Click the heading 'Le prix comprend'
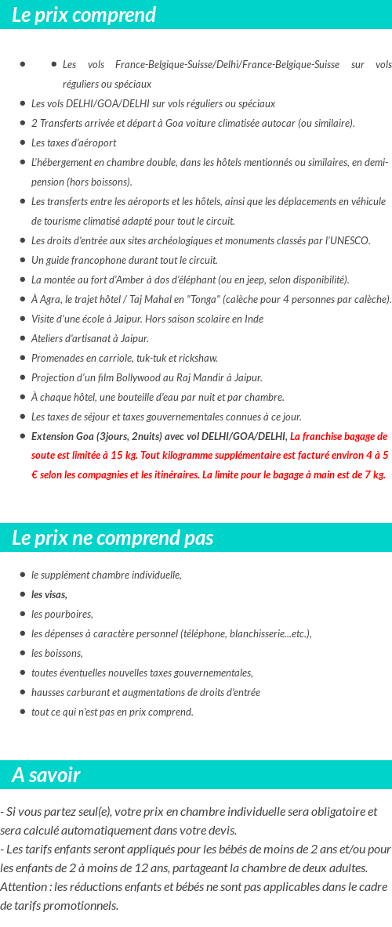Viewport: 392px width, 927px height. [x=84, y=15]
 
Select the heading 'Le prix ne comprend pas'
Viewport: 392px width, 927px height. [x=112, y=538]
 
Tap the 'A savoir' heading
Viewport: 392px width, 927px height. [x=45, y=775]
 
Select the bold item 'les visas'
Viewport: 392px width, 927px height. [x=49, y=594]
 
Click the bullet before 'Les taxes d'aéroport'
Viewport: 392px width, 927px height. [x=24, y=142]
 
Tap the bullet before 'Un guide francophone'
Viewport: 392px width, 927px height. [x=24, y=260]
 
